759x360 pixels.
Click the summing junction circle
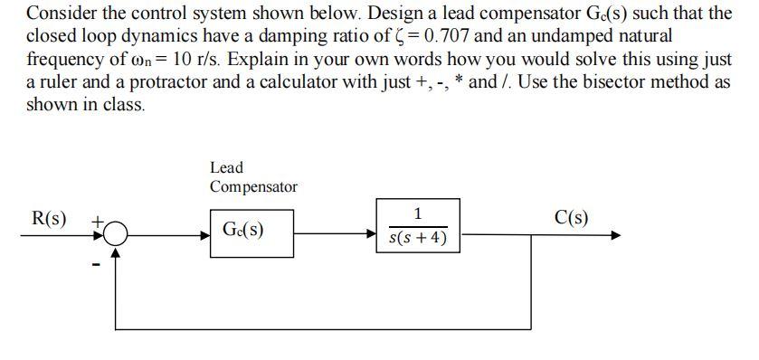coord(115,236)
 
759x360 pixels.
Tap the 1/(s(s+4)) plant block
coord(417,228)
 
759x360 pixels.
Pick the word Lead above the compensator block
coord(226,167)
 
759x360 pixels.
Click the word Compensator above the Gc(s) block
coord(253,186)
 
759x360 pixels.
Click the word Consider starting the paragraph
coord(60,15)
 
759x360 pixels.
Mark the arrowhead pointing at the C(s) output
coord(616,236)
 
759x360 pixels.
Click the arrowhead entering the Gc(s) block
coord(205,236)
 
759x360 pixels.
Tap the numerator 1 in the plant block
coord(417,214)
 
